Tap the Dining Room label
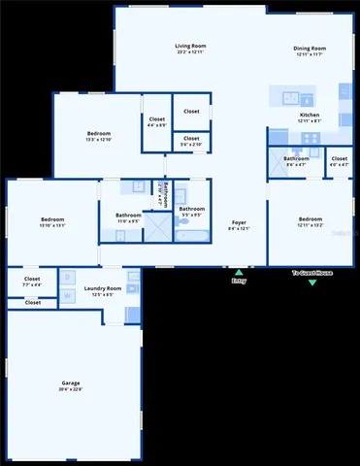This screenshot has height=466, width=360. click(x=310, y=48)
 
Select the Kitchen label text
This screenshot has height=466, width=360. click(x=310, y=115)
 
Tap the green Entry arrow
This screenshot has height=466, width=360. click(x=239, y=271)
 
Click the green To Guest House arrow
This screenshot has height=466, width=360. click(x=312, y=283)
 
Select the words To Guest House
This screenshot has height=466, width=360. click(x=312, y=274)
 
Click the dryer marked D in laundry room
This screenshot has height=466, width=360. click(x=67, y=279)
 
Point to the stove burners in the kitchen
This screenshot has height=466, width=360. click(x=311, y=138)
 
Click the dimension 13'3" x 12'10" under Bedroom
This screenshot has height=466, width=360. click(x=99, y=139)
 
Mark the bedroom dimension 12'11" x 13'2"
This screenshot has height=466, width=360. click(x=310, y=224)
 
